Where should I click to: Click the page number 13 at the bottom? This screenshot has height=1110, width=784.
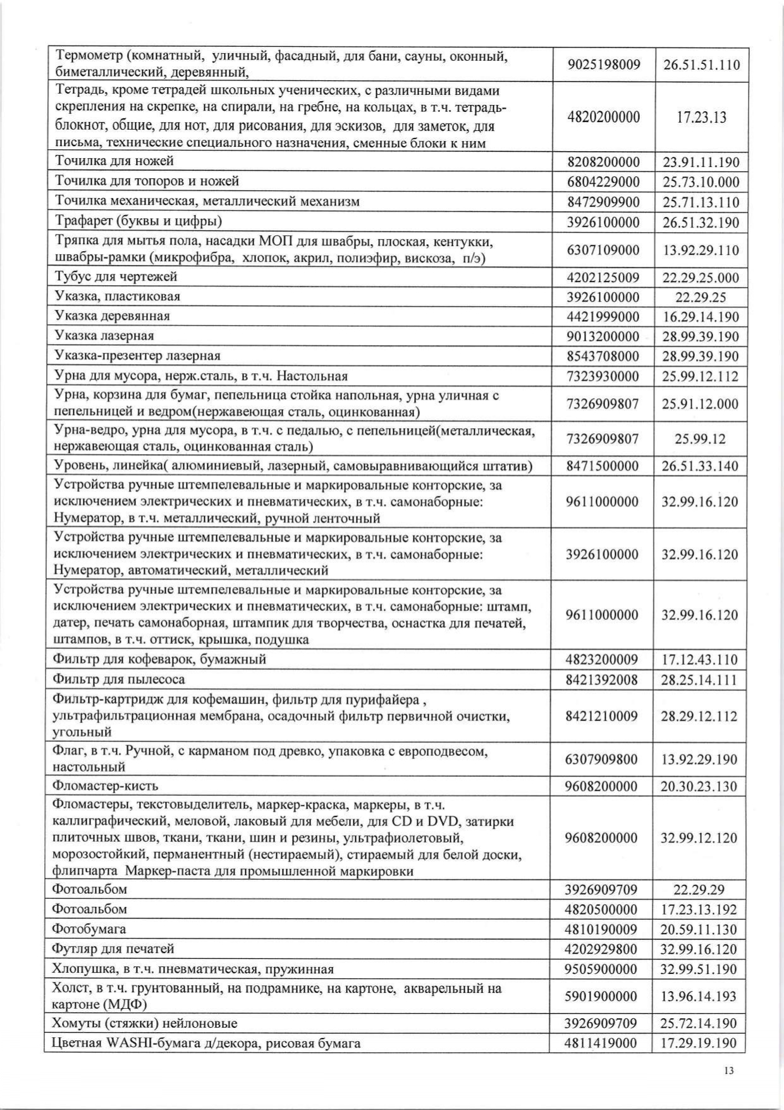728,1071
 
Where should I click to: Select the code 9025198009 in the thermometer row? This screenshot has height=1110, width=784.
603,65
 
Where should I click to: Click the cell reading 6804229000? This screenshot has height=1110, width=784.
603,182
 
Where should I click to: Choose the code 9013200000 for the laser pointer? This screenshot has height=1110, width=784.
603,336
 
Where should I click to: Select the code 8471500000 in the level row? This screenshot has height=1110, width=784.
603,467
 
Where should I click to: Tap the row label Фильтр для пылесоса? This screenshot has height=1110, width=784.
119,679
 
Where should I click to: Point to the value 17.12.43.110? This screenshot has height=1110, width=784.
700,660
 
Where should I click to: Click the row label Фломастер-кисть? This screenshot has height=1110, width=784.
106,786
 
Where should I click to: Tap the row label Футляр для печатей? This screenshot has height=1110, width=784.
113,949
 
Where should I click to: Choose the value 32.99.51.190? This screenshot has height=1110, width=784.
699,970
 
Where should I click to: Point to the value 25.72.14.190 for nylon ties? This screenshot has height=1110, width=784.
699,1023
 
